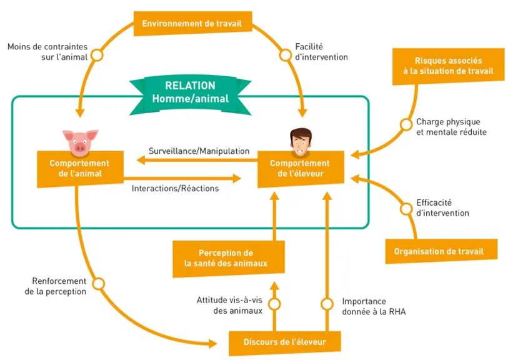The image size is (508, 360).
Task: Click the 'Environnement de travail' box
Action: [x=193, y=23]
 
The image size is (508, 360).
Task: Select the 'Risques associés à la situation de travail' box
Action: [x=449, y=66]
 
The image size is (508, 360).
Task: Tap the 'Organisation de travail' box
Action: [x=441, y=251]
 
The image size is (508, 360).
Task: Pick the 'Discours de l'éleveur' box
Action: [x=285, y=342]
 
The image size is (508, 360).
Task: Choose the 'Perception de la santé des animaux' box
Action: [x=229, y=259]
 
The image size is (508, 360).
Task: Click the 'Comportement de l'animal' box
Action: [x=80, y=169]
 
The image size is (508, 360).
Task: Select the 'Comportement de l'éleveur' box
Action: [x=301, y=169]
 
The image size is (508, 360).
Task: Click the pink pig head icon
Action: [x=80, y=142]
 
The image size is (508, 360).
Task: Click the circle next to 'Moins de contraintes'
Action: [x=97, y=55]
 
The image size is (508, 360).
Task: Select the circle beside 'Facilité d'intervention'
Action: [x=286, y=55]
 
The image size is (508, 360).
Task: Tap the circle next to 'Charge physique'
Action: [x=406, y=124]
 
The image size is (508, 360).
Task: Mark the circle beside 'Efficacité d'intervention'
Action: [x=406, y=209]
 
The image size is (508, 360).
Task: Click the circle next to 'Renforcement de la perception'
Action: [x=99, y=284]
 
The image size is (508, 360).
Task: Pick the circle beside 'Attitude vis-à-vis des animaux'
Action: [x=274, y=304]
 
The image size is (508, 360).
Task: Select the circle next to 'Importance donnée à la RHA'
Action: [x=327, y=304]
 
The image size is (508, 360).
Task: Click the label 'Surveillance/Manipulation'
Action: [x=199, y=151]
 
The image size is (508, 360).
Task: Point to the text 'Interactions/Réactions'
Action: [x=176, y=188]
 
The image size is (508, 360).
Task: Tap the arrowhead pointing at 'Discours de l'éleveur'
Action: [x=213, y=344]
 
